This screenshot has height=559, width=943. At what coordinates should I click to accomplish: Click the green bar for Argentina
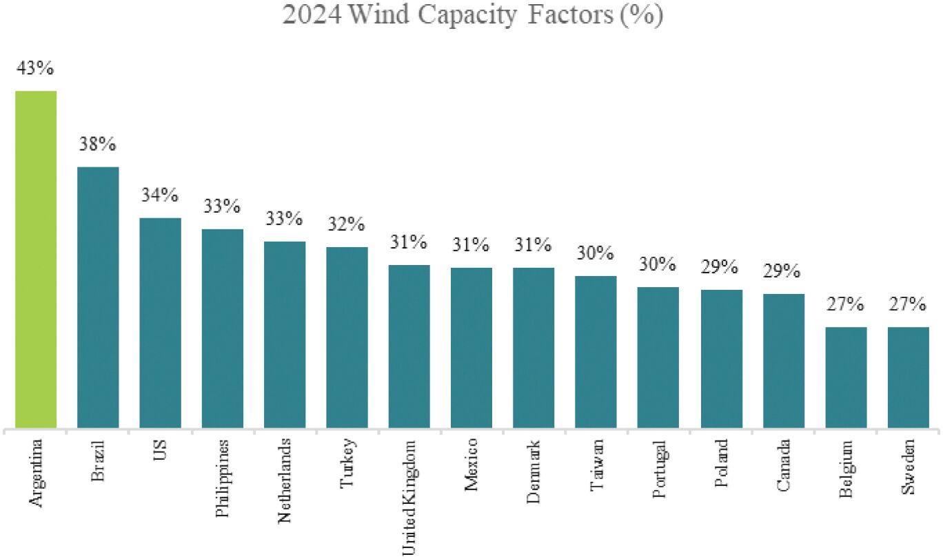pyautogui.click(x=36, y=260)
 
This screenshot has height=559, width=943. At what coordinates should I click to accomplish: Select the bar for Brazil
pyautogui.click(x=98, y=297)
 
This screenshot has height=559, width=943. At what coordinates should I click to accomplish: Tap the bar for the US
pyautogui.click(x=161, y=323)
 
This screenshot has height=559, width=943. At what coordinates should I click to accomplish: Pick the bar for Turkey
pyautogui.click(x=347, y=337)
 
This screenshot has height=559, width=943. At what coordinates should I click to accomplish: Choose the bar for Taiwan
pyautogui.click(x=596, y=352)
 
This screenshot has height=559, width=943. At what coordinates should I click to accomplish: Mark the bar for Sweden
pyautogui.click(x=909, y=377)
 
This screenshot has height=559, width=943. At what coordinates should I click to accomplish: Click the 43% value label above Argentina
pyautogui.click(x=35, y=67)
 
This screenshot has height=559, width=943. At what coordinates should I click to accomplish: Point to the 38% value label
pyautogui.click(x=98, y=144)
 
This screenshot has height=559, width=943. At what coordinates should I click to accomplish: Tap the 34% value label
pyautogui.click(x=160, y=195)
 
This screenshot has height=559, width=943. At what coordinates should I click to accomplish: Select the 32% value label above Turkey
pyautogui.click(x=347, y=224)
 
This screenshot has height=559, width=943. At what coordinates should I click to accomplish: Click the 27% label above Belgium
pyautogui.click(x=845, y=304)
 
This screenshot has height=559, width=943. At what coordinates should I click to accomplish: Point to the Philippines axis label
pyautogui.click(x=222, y=478)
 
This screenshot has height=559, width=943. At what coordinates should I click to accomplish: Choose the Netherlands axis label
pyautogui.click(x=284, y=481)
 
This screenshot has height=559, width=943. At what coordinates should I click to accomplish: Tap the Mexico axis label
pyautogui.click(x=471, y=465)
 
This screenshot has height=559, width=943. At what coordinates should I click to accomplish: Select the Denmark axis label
pyautogui.click(x=534, y=472)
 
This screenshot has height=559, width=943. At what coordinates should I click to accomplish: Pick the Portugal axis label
pyautogui.click(x=659, y=470)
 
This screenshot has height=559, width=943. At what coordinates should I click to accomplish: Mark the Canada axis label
pyautogui.click(x=783, y=465)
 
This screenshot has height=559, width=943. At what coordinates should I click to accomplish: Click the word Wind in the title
pyautogui.click(x=379, y=14)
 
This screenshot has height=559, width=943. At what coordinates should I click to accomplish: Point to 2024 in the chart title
pyautogui.click(x=312, y=15)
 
